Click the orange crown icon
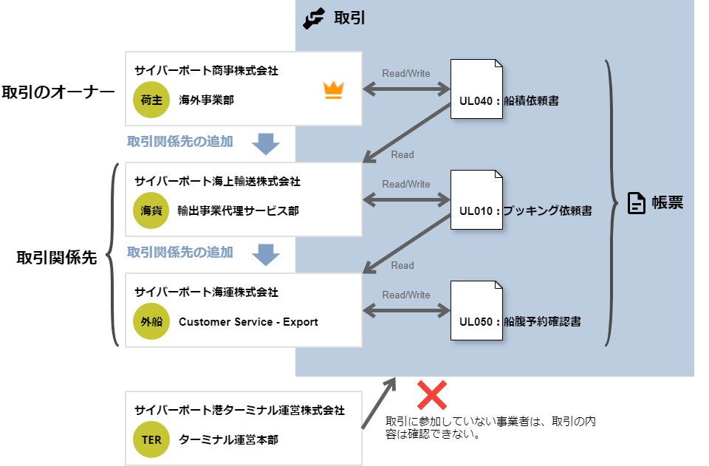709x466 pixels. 334,91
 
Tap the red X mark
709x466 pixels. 432,395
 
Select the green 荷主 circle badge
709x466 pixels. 151,100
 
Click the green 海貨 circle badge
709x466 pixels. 151,210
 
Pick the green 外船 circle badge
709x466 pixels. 151,322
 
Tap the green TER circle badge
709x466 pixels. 151,440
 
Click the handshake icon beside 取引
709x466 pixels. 314,18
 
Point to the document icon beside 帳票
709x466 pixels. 636,203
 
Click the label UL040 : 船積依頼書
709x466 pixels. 509,100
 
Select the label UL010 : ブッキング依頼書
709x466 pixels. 525,211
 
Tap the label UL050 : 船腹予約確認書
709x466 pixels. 519,322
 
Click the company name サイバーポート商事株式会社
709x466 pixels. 206,71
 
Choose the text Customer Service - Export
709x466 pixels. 248,322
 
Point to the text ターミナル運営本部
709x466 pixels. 228,440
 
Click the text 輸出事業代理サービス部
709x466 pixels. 239,211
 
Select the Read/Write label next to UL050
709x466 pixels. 406,295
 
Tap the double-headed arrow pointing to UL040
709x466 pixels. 406,89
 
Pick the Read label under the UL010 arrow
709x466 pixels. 403,265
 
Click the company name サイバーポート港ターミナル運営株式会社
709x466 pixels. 239,411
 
